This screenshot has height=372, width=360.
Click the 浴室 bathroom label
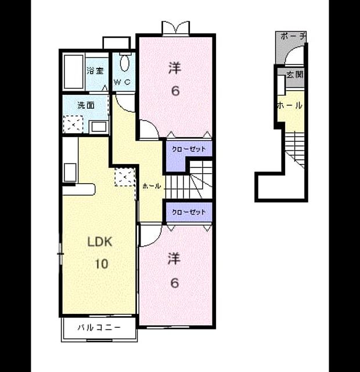click(95, 70)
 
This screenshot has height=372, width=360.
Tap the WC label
click(122, 82)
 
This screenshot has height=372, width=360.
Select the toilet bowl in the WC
click(125, 63)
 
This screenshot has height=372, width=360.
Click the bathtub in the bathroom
click(74, 71)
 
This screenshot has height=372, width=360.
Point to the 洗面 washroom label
click(86, 105)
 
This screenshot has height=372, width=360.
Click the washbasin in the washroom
click(99, 127)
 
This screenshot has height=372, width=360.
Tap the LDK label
click(99, 242)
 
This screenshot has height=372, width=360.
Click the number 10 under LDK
click(102, 263)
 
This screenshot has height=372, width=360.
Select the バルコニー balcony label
click(99, 328)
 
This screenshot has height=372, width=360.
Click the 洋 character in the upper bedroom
click(175, 68)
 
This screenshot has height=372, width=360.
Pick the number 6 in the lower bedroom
click(174, 283)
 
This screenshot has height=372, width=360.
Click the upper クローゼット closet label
click(189, 149)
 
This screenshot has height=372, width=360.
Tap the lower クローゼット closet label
click(189, 212)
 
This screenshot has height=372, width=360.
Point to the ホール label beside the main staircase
click(152, 186)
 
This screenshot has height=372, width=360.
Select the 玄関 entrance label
click(295, 75)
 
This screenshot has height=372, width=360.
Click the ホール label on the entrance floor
click(290, 105)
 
